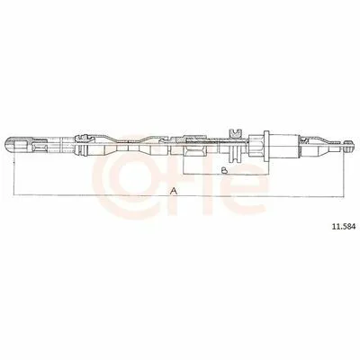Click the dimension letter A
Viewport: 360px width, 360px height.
[174, 191]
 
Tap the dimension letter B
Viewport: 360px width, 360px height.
[224, 170]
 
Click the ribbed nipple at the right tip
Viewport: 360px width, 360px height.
[347, 146]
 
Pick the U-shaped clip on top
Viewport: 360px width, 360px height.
[235, 133]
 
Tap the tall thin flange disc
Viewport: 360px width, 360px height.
[266, 146]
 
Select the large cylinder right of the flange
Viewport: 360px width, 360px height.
[284, 146]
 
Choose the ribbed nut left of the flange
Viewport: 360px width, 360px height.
[256, 146]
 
